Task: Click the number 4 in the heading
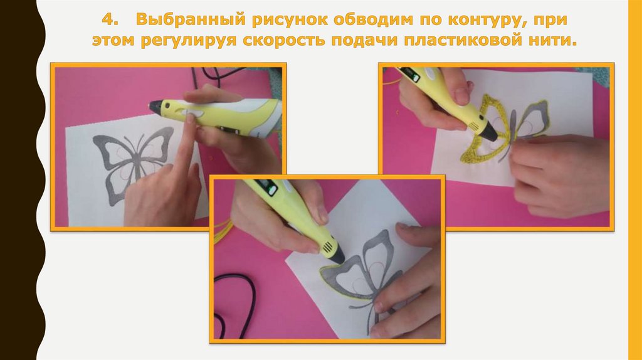[107, 19]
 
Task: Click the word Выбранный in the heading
[190, 20]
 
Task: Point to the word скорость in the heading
[286, 41]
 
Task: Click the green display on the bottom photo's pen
[271, 189]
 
